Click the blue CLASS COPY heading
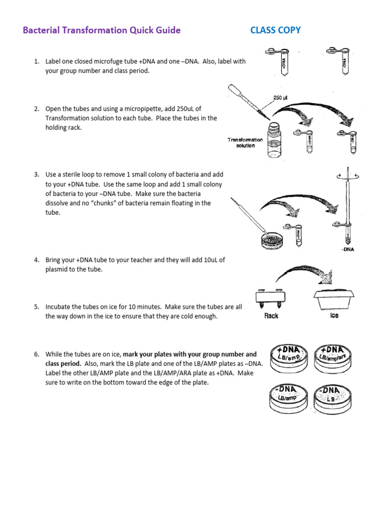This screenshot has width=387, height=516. [275, 30]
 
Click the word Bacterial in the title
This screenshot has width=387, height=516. [40, 30]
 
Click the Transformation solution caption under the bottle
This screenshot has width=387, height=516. [245, 143]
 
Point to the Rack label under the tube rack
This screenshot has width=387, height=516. [271, 316]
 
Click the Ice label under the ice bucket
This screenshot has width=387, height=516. [334, 315]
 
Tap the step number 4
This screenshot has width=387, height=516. [36, 260]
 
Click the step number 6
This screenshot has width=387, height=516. [36, 354]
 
